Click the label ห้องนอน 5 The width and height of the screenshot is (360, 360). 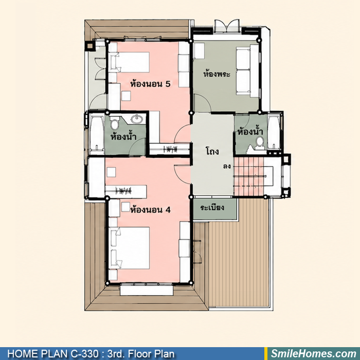150,84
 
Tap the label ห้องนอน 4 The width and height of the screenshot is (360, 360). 150,210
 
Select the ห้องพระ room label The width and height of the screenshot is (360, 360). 217,74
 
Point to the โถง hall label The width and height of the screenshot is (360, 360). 212,151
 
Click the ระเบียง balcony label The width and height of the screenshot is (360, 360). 212,207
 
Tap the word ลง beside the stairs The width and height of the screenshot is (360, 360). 227,166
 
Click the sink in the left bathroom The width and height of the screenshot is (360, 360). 137,119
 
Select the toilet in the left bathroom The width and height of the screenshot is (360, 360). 114,124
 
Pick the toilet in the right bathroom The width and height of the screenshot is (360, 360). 260,143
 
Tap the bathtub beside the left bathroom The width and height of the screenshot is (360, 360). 97,133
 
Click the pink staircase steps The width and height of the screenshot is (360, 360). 248,176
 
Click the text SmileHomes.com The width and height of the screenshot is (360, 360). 314,354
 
